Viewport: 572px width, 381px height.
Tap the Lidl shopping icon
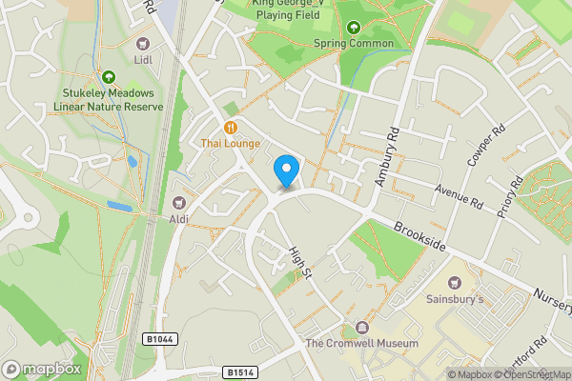(144, 44)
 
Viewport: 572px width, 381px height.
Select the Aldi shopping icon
(180, 201)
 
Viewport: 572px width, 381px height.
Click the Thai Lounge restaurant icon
(230, 127)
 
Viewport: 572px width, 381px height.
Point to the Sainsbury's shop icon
(454, 283)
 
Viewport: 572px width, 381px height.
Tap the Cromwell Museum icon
(361, 327)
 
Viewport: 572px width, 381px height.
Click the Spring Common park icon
(354, 28)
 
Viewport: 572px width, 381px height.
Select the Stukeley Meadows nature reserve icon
(109, 76)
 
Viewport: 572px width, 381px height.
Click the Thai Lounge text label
(230, 143)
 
